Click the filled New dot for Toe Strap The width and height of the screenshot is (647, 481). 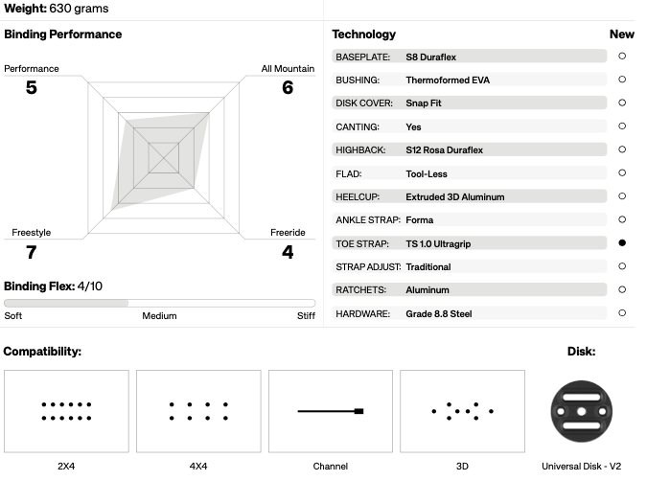point(622,243)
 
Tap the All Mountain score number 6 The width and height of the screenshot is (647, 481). point(288,87)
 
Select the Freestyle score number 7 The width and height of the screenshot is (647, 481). point(32,252)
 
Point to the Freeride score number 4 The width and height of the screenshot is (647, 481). point(288,252)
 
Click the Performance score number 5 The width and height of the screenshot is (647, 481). point(32,87)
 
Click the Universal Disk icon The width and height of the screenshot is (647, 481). point(582,411)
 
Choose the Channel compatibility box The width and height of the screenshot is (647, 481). point(331,411)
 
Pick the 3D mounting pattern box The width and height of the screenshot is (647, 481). point(463,411)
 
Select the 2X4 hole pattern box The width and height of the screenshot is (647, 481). point(66,411)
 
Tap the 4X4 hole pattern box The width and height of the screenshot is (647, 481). point(198,411)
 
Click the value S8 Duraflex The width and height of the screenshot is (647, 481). point(430,57)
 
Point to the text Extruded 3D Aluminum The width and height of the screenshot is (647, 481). point(454,197)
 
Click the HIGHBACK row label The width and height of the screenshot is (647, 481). point(360,150)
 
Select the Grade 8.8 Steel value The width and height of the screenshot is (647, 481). point(439,314)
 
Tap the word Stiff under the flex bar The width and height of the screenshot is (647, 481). point(306,316)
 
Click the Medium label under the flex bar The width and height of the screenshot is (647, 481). point(159,316)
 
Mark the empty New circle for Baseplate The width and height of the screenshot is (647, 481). point(622,57)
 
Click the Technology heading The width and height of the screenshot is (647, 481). point(364,34)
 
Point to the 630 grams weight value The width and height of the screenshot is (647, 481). point(79,9)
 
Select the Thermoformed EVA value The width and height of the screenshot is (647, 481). point(448,80)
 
